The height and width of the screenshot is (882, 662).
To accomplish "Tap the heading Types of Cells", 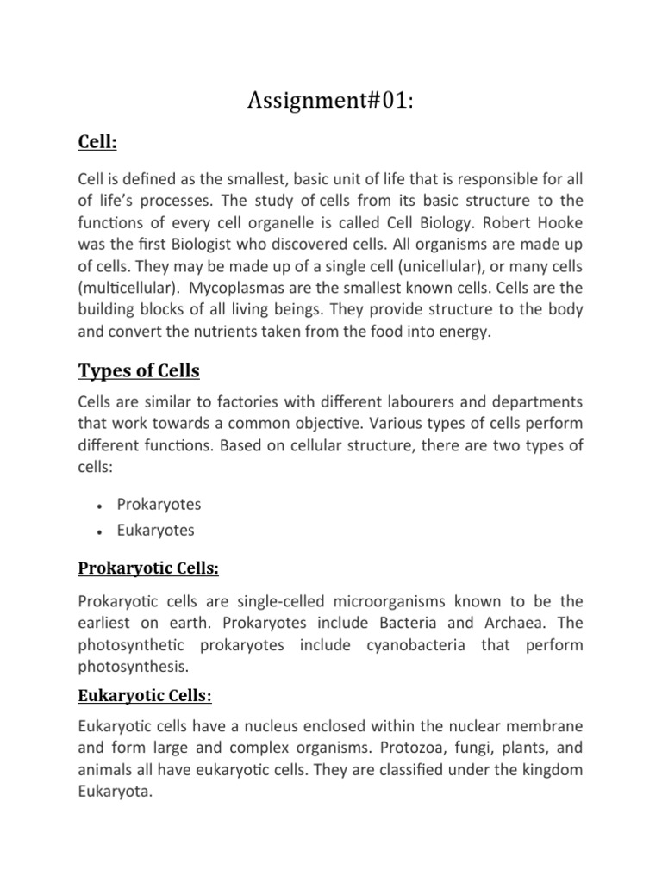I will [x=139, y=371].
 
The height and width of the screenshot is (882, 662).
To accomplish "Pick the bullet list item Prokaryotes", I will [x=159, y=504].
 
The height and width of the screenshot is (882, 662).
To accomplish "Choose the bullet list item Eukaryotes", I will [x=156, y=531].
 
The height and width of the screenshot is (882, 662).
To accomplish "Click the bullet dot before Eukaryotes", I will [x=101, y=531].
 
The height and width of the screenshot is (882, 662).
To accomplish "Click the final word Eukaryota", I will [x=114, y=792].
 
